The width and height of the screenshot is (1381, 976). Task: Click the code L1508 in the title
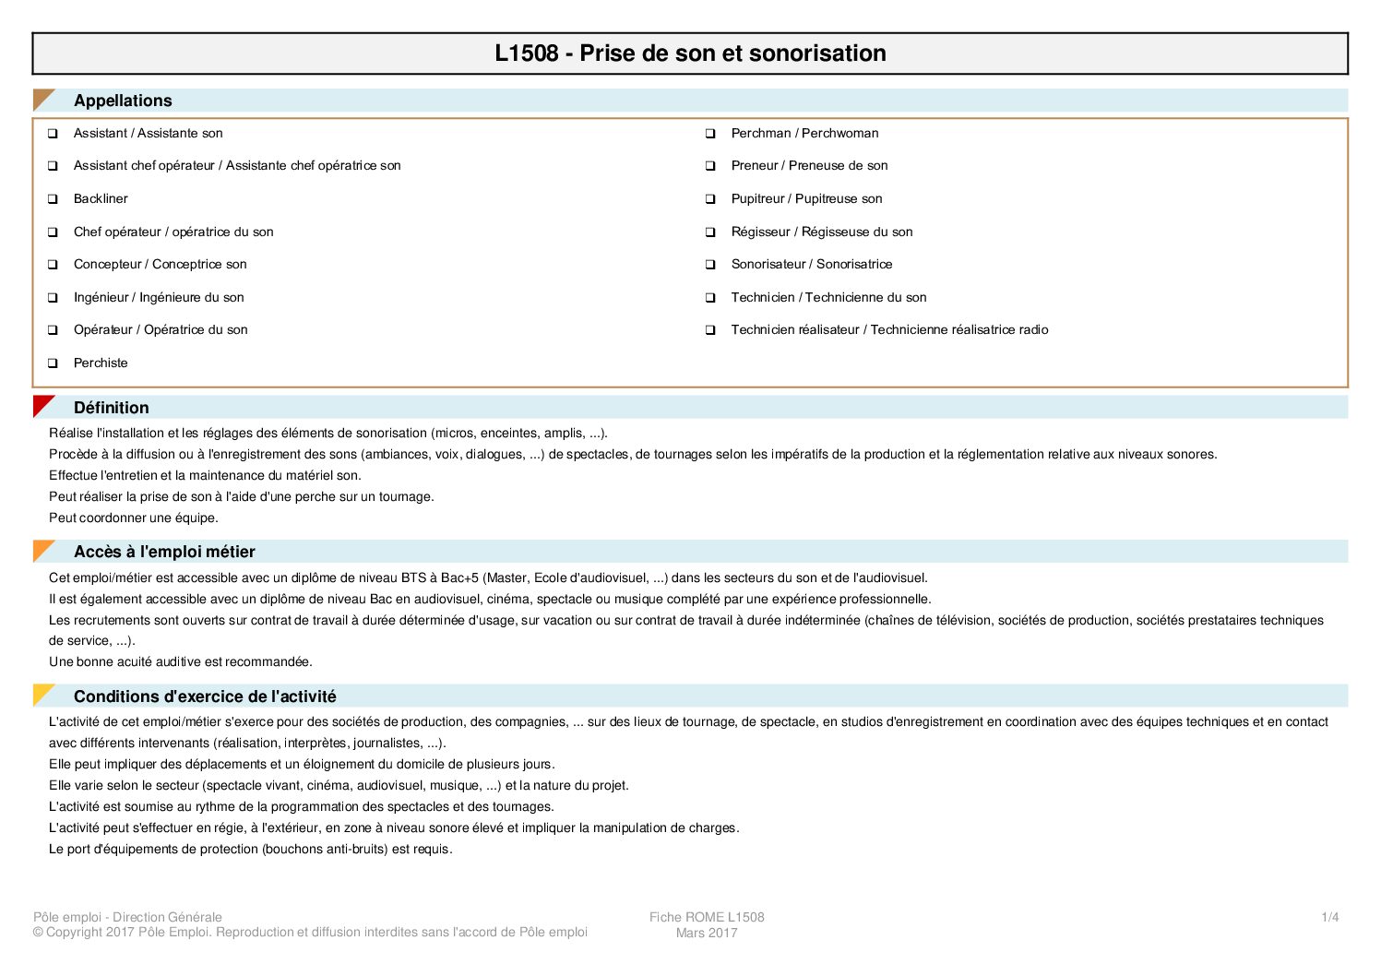[x=526, y=54]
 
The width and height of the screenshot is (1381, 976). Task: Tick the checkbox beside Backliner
[x=53, y=199]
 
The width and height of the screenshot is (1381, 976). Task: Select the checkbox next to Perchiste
[x=53, y=363]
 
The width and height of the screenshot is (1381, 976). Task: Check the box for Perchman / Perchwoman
[x=710, y=134]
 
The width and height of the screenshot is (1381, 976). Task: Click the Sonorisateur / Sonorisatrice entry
[x=811, y=265]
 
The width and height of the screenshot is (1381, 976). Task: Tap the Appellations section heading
[x=123, y=101]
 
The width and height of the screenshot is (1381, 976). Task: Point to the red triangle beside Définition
[x=42, y=405]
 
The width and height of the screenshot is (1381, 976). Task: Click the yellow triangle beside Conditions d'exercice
[x=42, y=694]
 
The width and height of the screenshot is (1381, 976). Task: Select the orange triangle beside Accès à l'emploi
[x=42, y=550]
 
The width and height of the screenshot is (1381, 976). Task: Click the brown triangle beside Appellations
[x=42, y=98]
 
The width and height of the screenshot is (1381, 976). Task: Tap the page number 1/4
[x=1329, y=917]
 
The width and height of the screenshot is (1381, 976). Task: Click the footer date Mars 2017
[x=707, y=933]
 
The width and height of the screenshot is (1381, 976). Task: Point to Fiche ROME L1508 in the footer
[x=707, y=917]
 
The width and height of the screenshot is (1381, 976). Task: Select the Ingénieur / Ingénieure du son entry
[x=159, y=297]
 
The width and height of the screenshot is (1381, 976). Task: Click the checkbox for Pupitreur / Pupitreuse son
[x=710, y=199]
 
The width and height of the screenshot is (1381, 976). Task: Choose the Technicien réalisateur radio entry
[x=889, y=330]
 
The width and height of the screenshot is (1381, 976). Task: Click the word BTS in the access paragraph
[x=414, y=578]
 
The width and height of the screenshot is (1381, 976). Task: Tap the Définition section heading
[x=111, y=408]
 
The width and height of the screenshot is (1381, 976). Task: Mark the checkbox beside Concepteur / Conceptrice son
[x=53, y=265]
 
